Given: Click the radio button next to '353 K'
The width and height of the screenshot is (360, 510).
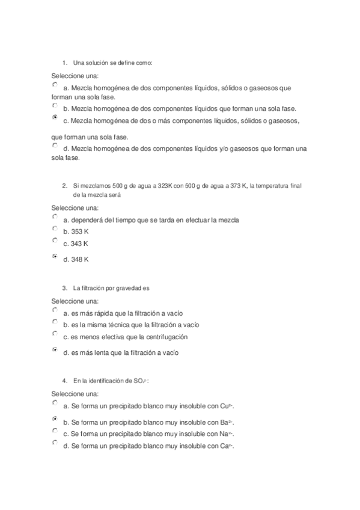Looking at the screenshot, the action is tap(55, 229).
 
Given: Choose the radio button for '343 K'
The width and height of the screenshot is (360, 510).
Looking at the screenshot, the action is tap(55, 240).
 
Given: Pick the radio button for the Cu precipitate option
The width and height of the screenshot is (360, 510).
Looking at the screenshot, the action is tap(55, 403).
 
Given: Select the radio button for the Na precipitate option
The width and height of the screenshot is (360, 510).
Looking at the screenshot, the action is tap(55, 431).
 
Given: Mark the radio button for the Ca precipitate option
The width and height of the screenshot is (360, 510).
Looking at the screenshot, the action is tap(55, 443).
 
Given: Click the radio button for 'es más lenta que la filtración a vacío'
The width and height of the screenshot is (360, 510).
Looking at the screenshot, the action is tap(55, 349).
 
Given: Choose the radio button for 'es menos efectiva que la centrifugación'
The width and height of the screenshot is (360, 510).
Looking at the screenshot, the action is tap(55, 333).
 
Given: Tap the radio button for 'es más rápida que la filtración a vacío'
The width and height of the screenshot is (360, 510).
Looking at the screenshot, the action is tap(55, 310).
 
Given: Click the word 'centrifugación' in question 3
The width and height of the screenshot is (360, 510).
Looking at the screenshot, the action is tap(168, 337).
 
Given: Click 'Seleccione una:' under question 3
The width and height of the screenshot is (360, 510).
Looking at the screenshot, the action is tap(75, 301).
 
